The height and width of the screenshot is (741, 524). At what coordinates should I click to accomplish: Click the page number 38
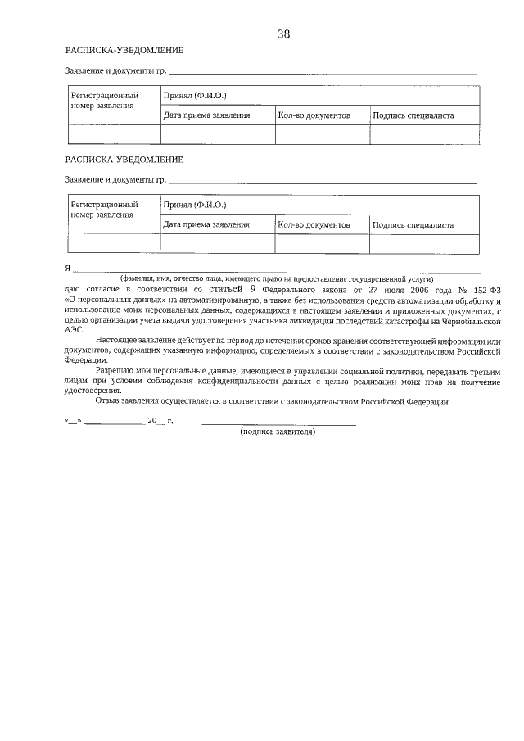point(284,34)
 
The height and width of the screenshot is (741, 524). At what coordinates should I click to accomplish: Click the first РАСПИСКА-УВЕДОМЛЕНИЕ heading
point(124,51)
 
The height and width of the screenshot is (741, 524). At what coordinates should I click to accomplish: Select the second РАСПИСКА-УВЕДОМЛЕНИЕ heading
point(124,159)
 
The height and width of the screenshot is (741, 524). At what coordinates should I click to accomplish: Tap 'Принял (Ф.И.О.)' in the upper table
point(195,96)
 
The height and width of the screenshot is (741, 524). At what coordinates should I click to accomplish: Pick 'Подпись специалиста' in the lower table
point(413,224)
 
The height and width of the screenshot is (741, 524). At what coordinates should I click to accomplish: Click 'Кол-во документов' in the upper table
point(314,115)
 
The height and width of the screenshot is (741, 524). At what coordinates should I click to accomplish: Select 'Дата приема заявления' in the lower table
point(206,224)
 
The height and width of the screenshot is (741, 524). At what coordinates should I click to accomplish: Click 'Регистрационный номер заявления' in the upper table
point(104,101)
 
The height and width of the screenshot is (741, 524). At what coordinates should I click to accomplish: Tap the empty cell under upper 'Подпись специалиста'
point(424,134)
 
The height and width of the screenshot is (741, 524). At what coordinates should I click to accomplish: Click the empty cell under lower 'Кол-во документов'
point(322,243)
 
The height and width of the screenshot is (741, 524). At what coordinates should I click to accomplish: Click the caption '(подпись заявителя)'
point(278,431)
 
